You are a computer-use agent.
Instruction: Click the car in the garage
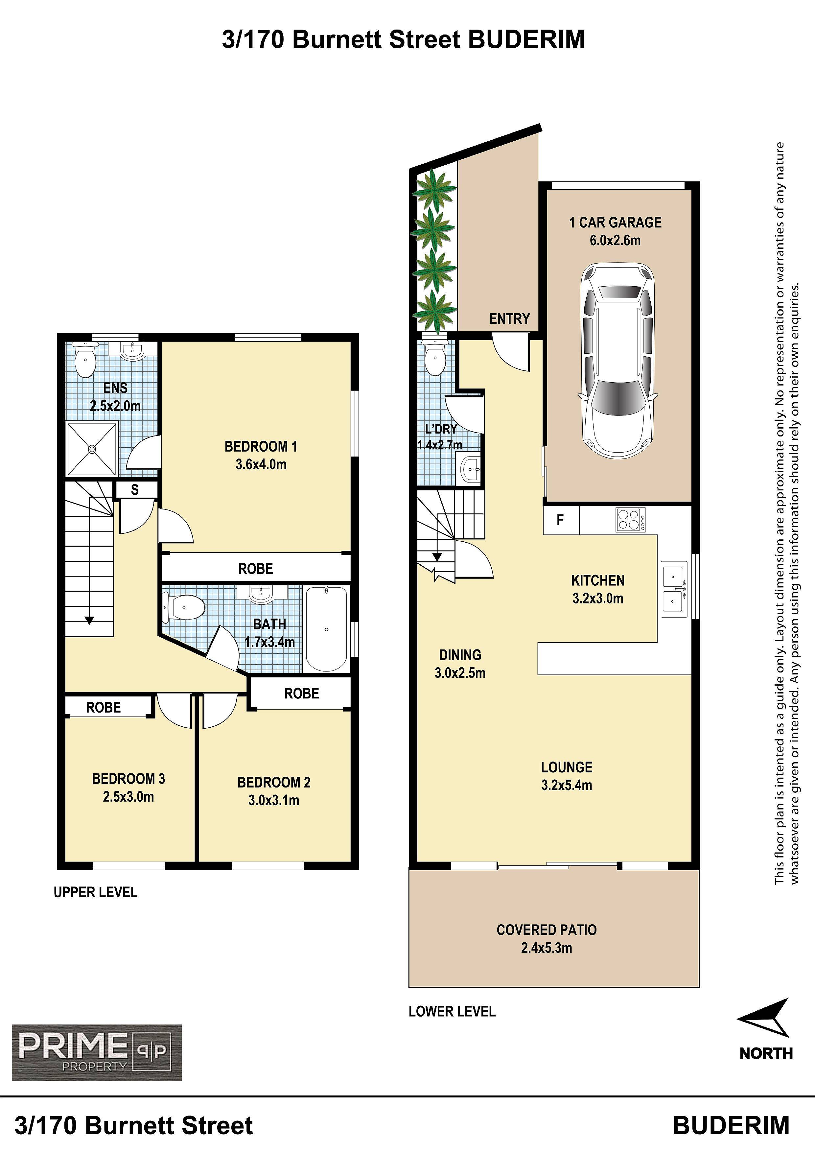coord(617,360)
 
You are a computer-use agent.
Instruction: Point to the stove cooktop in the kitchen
coord(631,520)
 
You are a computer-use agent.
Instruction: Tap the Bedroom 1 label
coord(261,446)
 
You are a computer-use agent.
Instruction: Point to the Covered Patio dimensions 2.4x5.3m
coord(547,948)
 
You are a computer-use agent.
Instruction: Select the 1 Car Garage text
coord(615,223)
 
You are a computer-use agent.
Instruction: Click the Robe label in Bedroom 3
coord(104,708)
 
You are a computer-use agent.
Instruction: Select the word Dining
coord(460,655)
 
